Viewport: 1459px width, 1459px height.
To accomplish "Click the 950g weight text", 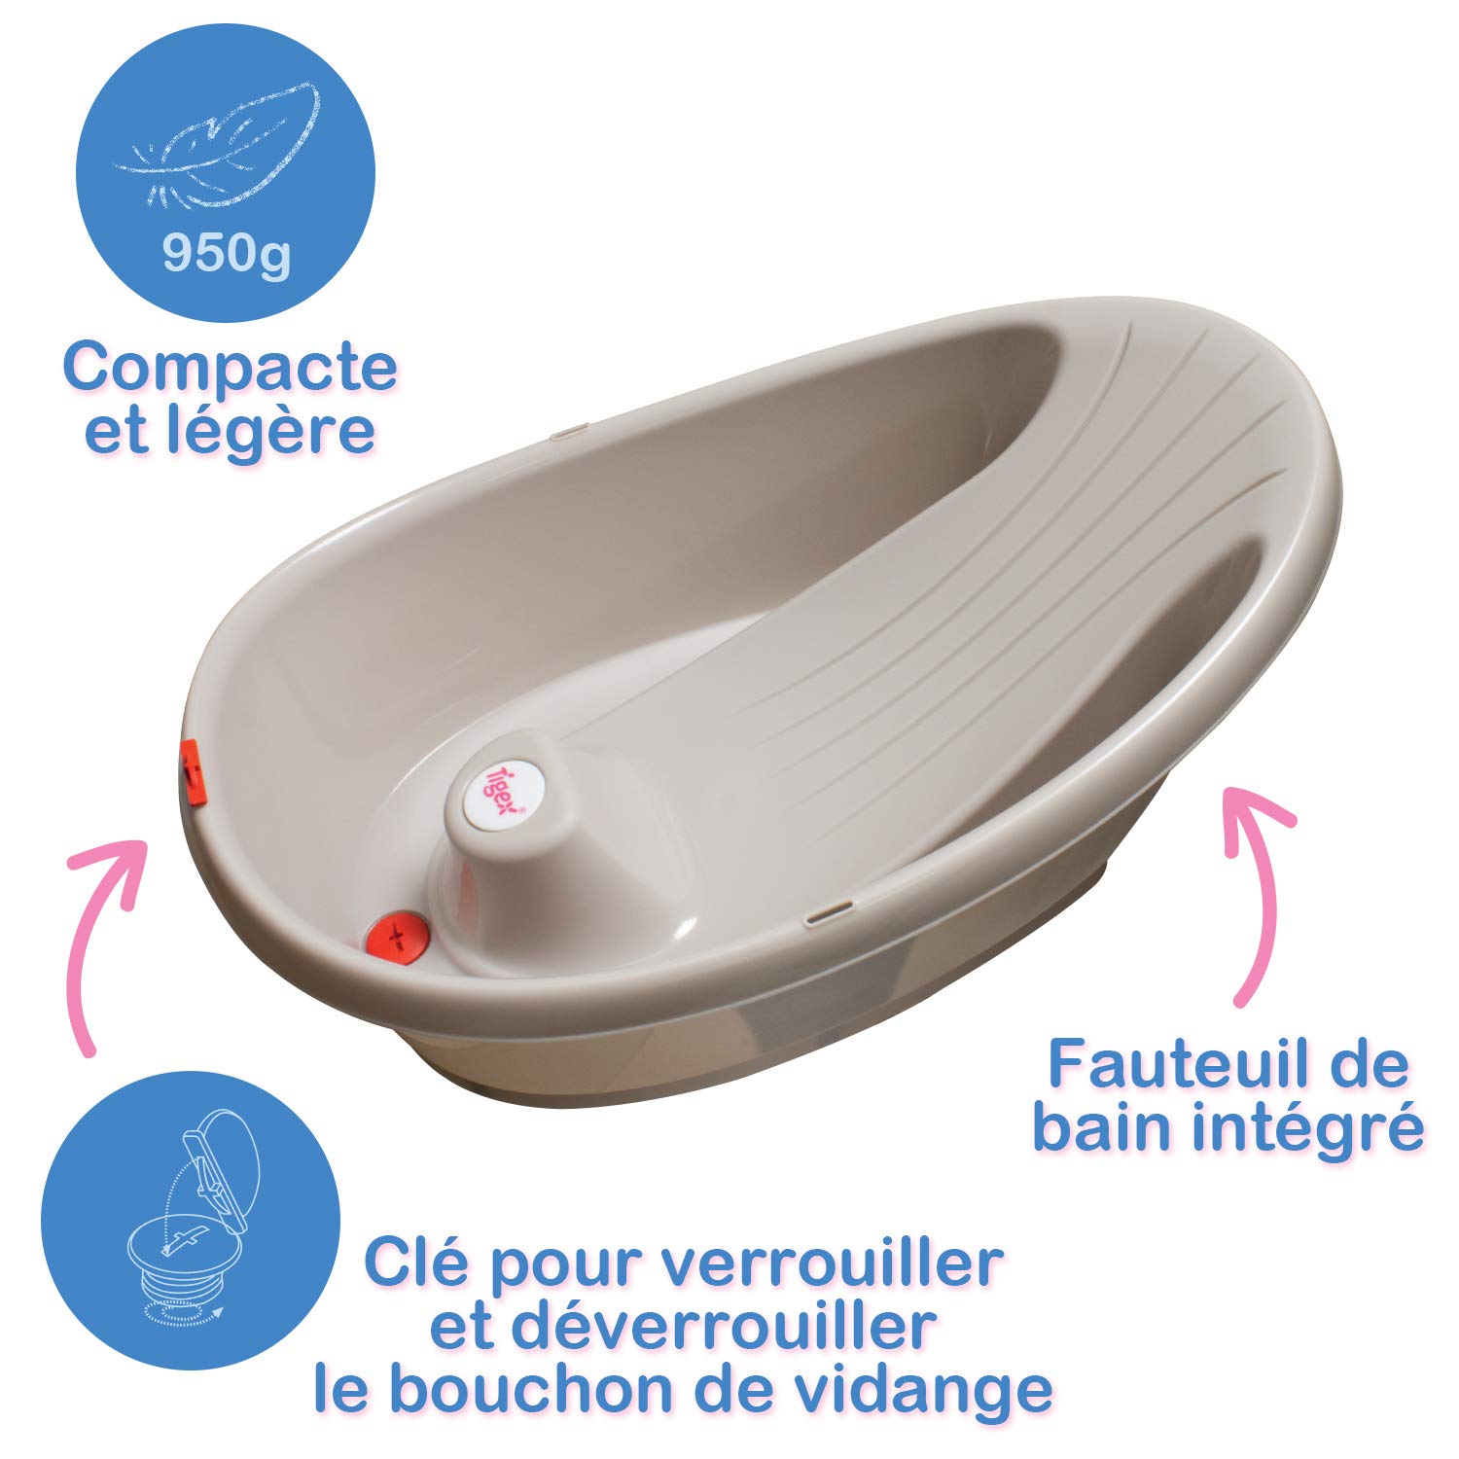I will [x=226, y=255].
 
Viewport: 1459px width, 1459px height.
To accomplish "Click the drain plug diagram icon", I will [x=191, y=1220].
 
